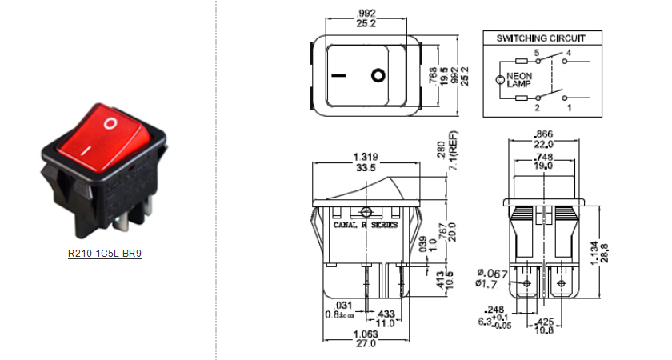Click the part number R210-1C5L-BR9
tap(104, 255)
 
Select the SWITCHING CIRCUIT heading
tap(541, 38)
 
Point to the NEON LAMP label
tap(518, 80)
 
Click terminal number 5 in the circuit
tap(537, 54)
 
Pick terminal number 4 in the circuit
tap(569, 54)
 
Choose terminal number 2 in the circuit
tap(537, 106)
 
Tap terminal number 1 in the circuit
tap(569, 106)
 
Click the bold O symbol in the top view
tap(378, 77)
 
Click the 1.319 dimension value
tap(366, 157)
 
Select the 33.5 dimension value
tap(366, 167)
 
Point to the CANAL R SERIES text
tap(365, 226)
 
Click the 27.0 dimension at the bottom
tap(366, 344)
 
